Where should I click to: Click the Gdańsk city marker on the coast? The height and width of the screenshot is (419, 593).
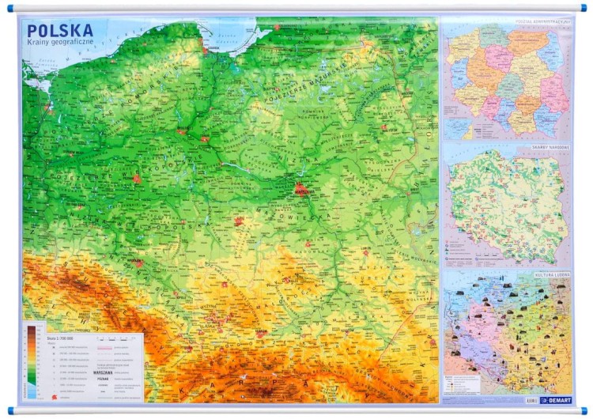point(207,50)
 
